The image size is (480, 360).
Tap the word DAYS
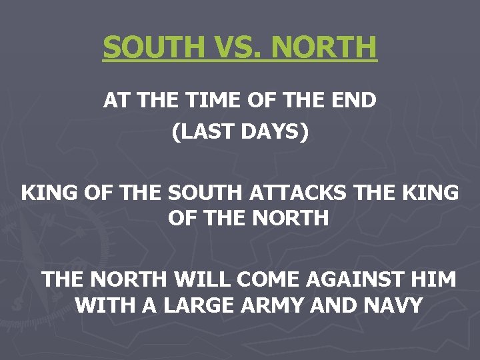(x=273, y=132)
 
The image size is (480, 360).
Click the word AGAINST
(x=345, y=279)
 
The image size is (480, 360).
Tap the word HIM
(x=433, y=279)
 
